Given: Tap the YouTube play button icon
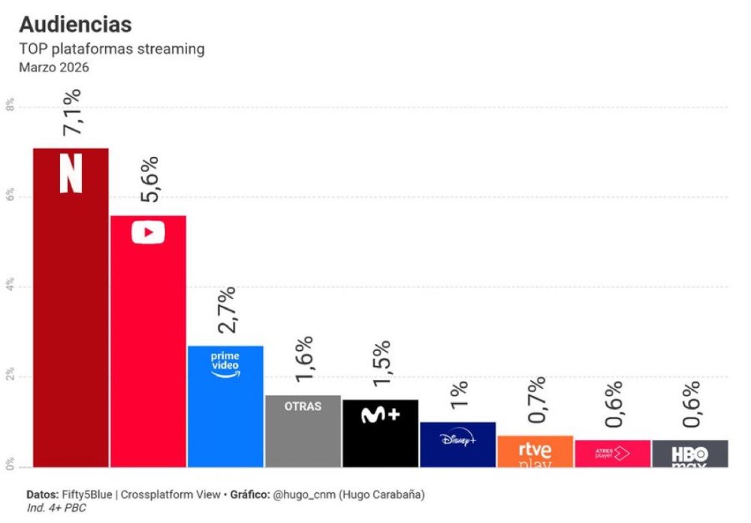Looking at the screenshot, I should (148, 232).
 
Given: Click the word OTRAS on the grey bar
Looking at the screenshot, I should (303, 407).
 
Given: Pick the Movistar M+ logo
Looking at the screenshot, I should (380, 415).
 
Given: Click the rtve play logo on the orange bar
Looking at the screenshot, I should (535, 452).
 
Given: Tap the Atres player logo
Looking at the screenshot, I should (611, 453).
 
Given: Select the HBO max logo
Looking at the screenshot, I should (689, 455).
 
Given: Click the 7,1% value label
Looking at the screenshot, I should (72, 113).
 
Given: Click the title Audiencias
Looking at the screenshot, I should (75, 24).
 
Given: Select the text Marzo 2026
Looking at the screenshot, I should (54, 68).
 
